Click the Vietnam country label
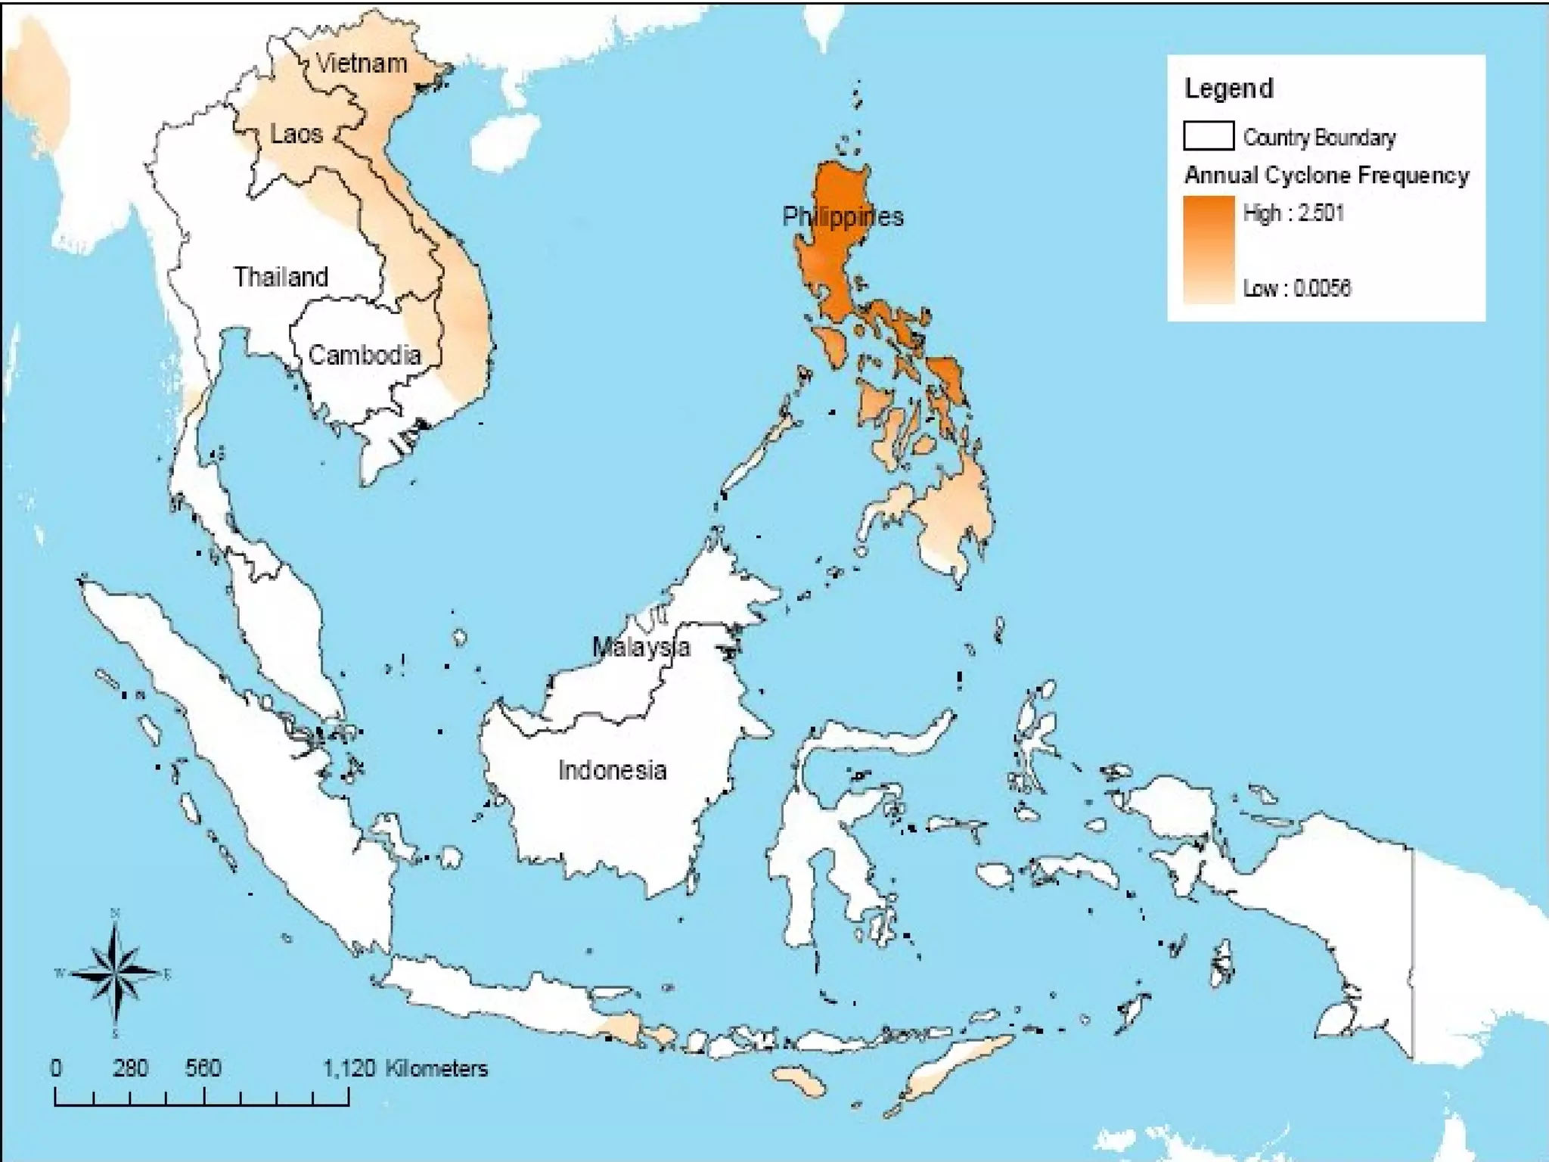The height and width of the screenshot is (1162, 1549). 361,64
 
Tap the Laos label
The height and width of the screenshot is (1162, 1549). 296,135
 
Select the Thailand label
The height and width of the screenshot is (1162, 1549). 281,277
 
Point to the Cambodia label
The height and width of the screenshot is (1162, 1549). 364,355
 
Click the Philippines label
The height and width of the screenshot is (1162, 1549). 843,217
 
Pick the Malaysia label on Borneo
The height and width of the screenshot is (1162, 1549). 641,648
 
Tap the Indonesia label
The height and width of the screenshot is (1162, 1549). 612,771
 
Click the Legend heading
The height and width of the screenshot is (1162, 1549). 1228,89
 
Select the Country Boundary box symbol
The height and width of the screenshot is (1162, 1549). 1208,136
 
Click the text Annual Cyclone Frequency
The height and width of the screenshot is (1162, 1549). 1326,176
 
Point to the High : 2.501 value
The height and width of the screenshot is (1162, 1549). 1293,213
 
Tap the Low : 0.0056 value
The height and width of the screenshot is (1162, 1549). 1296,288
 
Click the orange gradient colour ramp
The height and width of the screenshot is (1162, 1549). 1208,250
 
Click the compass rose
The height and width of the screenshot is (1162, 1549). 115,973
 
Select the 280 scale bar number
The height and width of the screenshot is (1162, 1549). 130,1068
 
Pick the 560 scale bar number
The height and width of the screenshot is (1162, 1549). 203,1068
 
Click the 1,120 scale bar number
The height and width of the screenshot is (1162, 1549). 349,1068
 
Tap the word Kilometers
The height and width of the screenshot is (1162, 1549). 436,1068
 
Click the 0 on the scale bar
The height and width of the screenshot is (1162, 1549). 56,1068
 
